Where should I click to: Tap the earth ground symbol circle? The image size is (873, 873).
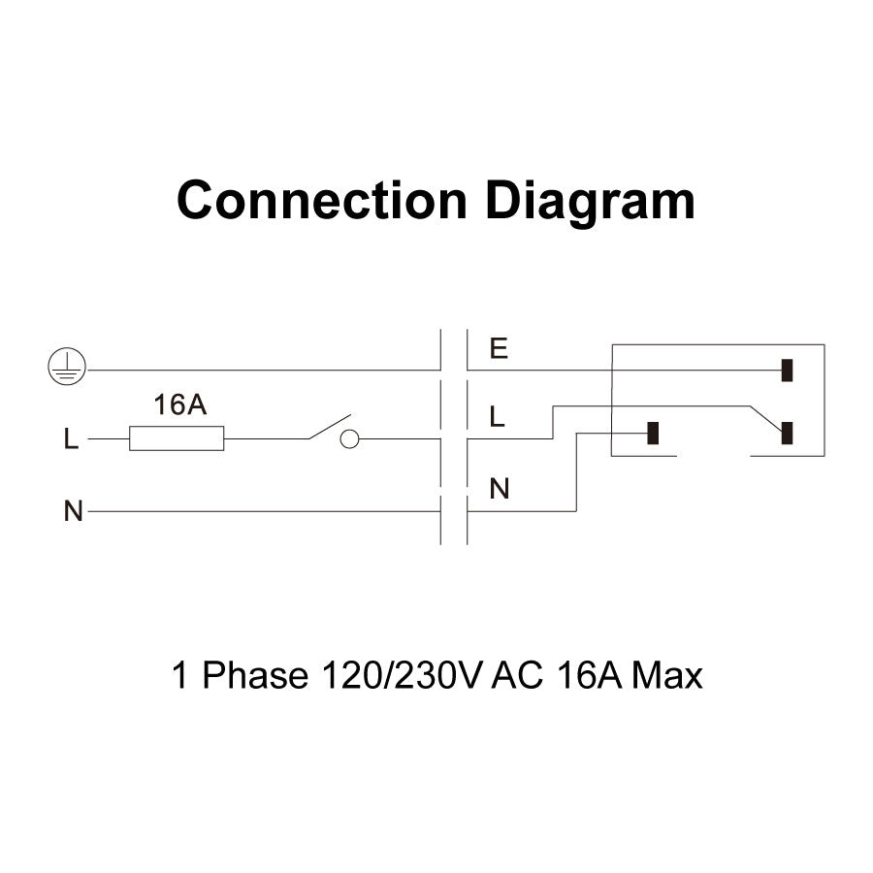[x=66, y=367]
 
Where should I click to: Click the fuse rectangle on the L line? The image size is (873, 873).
[x=177, y=438]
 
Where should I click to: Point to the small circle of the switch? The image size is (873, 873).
[x=349, y=439]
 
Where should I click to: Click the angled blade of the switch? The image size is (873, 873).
[x=330, y=427]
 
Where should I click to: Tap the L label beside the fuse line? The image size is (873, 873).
[x=70, y=440]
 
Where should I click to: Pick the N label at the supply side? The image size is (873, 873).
[x=73, y=511]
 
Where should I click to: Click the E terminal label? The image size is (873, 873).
[x=499, y=349]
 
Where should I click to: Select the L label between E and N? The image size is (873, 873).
[x=498, y=417]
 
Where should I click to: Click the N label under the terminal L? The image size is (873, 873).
[x=500, y=490]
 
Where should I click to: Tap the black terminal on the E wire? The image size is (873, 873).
[x=788, y=370]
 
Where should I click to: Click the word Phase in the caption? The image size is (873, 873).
[x=253, y=675]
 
